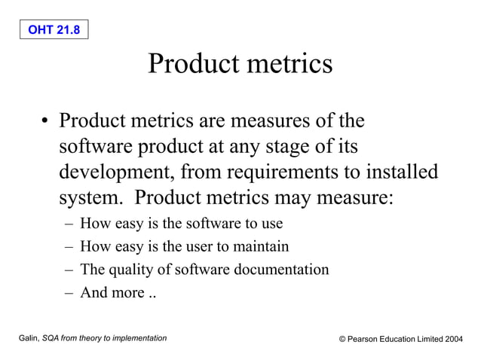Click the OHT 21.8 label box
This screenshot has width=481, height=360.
[54, 29]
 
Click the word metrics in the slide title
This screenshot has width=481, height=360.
[286, 63]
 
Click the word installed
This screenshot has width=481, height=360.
[400, 172]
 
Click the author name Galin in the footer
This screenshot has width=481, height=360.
[28, 339]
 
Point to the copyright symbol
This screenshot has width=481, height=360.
[342, 340]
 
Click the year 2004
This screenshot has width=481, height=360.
[453, 340]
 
